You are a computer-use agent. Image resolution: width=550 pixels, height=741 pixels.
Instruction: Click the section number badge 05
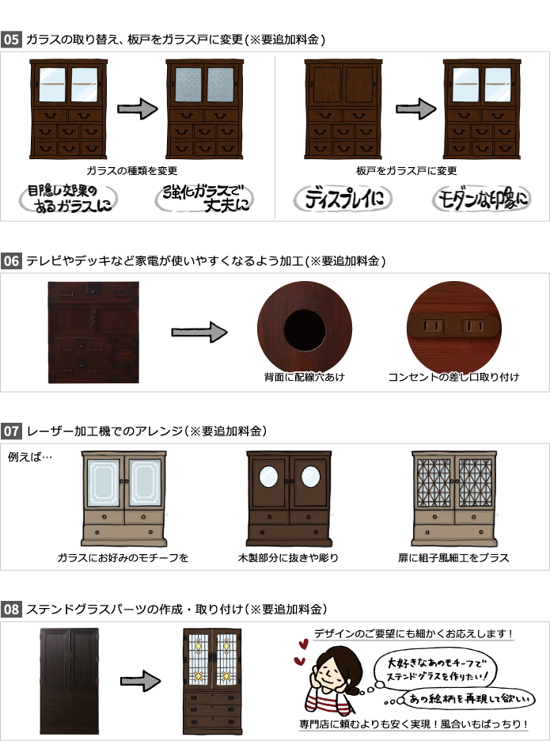(x=11, y=40)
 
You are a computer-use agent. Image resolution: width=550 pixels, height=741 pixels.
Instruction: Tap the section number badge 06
(x=11, y=260)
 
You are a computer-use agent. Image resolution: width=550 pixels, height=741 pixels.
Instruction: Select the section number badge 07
(x=11, y=431)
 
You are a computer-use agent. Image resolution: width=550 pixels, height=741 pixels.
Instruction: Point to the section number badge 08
(x=11, y=609)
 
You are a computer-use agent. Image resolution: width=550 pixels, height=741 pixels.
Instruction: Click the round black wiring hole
(x=305, y=330)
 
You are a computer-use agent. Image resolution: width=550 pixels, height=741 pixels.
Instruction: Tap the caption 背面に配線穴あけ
(x=305, y=377)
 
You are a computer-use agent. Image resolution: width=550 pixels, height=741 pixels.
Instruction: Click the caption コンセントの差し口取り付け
(x=453, y=377)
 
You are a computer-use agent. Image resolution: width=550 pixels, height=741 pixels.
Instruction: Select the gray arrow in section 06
(x=199, y=332)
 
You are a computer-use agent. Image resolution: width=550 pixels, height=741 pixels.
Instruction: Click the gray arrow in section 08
(x=140, y=681)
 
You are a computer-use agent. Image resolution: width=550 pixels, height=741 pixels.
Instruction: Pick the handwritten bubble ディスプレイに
(x=343, y=199)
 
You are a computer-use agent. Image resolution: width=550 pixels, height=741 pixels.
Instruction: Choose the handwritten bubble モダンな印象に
(x=481, y=199)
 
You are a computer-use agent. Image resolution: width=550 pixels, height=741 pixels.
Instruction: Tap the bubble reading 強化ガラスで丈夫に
(x=204, y=199)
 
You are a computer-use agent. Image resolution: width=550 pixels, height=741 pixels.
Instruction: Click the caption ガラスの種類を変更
(x=132, y=170)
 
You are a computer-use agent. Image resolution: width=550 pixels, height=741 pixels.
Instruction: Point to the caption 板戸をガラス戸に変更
(x=406, y=170)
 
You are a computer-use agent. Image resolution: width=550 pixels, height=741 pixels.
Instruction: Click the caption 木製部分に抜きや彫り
(x=288, y=557)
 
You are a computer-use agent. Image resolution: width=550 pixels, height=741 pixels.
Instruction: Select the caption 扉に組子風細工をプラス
(x=453, y=557)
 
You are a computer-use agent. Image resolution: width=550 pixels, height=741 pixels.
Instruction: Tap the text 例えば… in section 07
(x=30, y=457)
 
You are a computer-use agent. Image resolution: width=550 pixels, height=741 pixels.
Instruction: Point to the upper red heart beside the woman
(x=303, y=644)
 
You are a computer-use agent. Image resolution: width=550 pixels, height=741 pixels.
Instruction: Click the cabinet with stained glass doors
(x=212, y=681)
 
